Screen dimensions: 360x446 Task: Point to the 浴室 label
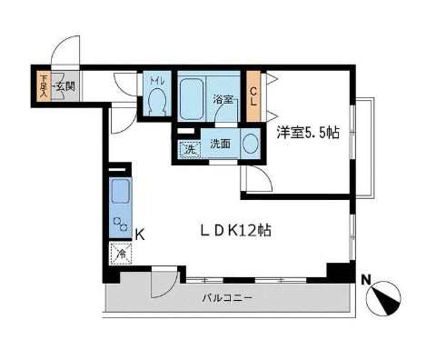click(223, 100)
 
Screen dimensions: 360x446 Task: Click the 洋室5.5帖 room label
click(308, 134)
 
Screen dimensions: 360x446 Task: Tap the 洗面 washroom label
click(220, 143)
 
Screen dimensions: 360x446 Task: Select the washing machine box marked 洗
click(189, 148)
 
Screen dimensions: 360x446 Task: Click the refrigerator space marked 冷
click(120, 255)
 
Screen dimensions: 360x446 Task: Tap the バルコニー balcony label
click(226, 297)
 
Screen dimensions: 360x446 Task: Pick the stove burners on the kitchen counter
click(120, 224)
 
